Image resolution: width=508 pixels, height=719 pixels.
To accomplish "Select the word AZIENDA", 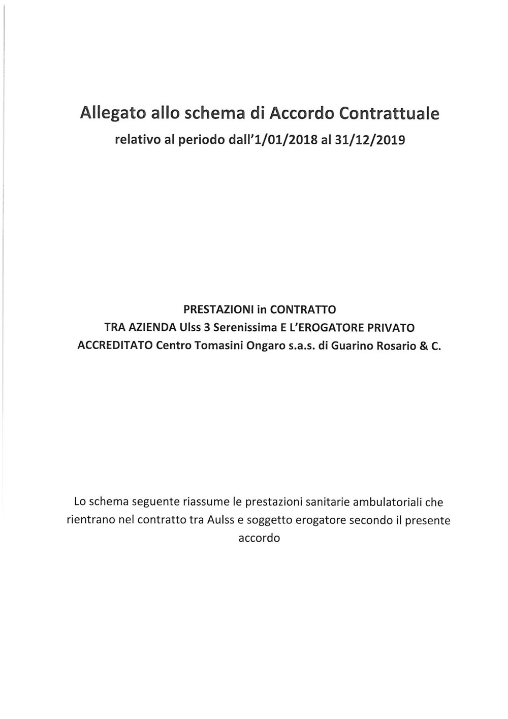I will click(145, 328).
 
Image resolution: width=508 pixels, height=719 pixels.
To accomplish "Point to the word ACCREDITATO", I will click(115, 347).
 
